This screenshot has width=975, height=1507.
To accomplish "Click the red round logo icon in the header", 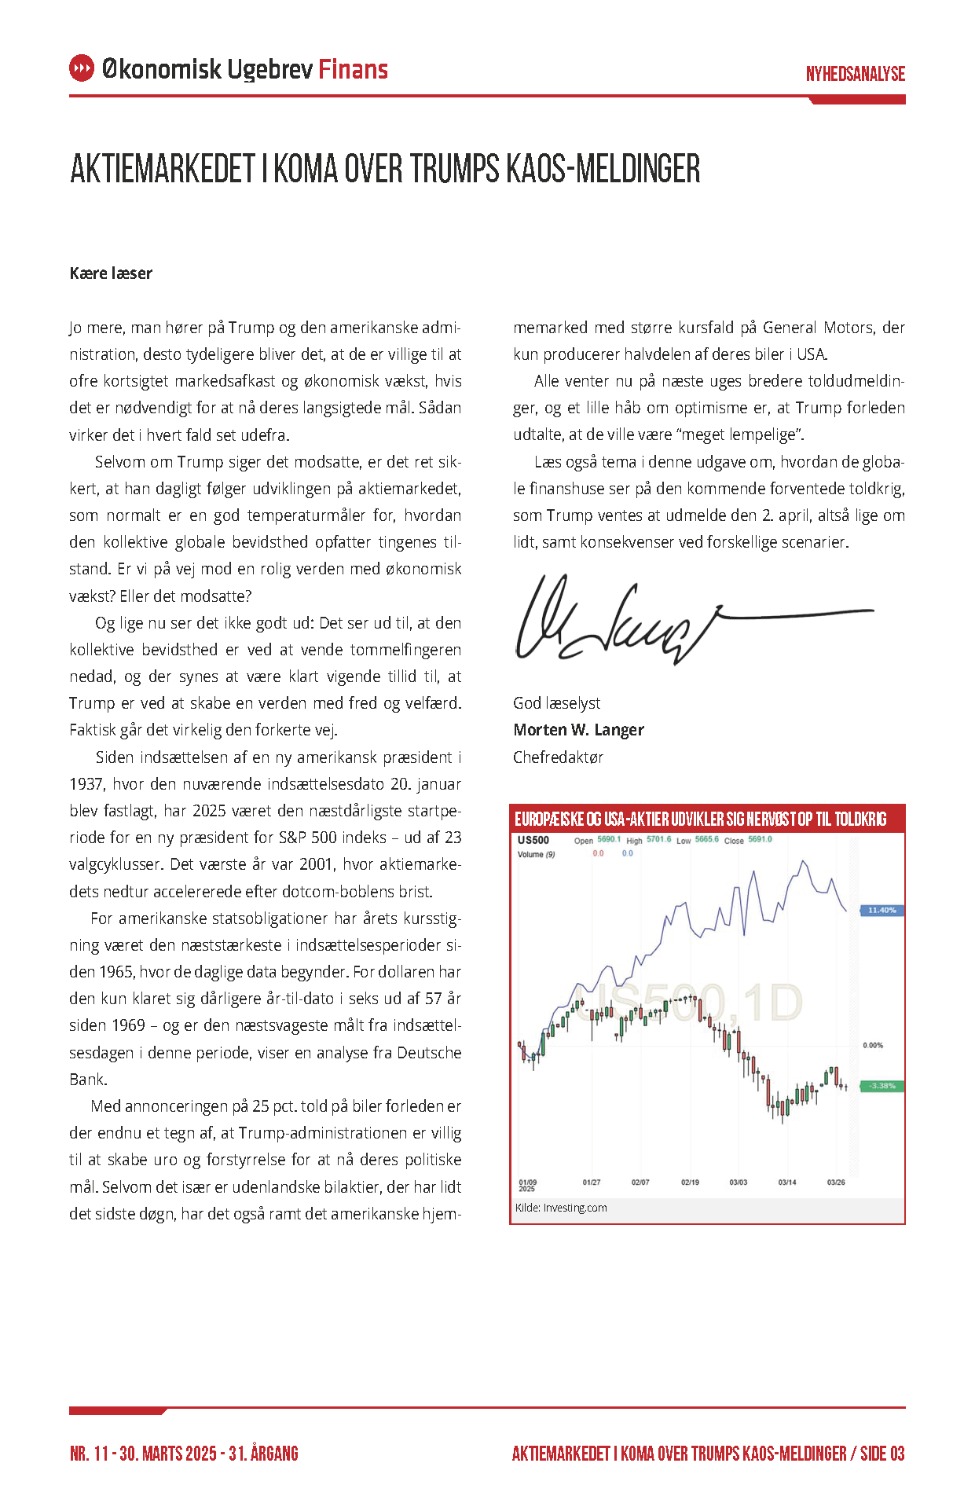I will (82, 68).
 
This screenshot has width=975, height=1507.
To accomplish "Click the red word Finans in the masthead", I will (353, 69).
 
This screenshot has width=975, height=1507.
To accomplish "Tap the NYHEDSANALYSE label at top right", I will (855, 74).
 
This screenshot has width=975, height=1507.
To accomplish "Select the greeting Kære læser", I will (111, 273).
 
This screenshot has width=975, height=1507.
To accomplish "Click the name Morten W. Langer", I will (578, 730).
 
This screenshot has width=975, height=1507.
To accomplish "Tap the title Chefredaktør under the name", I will (558, 757).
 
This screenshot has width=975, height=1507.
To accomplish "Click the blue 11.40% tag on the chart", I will (882, 911).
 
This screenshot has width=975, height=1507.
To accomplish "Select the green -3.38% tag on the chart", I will (882, 1086).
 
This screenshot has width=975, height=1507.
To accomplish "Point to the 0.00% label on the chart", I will (873, 1046).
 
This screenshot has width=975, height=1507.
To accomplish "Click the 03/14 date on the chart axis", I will (786, 1182).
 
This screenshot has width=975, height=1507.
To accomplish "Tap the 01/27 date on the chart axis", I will (592, 1182).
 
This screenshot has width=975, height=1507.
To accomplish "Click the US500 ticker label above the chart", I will (533, 840).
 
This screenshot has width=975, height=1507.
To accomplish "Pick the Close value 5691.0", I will (760, 840).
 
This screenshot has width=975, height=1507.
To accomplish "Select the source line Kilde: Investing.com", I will (561, 1208).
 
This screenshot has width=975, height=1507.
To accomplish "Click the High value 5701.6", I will (658, 840).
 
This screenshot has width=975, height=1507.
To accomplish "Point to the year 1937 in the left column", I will (86, 784).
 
